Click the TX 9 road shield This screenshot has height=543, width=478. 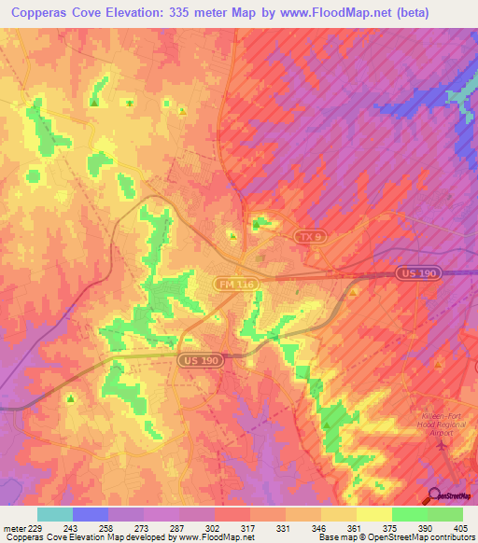tap(309, 239)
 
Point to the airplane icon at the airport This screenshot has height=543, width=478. tap(442, 443)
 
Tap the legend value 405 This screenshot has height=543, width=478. tap(460, 526)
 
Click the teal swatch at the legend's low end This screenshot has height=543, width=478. tap(55, 514)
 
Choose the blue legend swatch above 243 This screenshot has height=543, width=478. tap(91, 514)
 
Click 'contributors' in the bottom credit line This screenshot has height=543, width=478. tap(452, 537)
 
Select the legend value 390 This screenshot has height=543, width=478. tap(425, 526)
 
